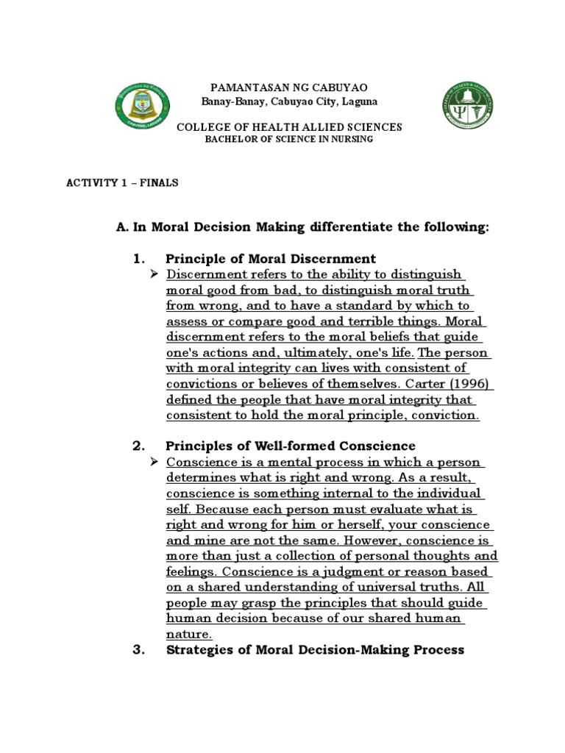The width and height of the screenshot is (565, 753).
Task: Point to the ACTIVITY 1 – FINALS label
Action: (123, 183)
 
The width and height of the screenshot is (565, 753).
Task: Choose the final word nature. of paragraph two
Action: (189, 633)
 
